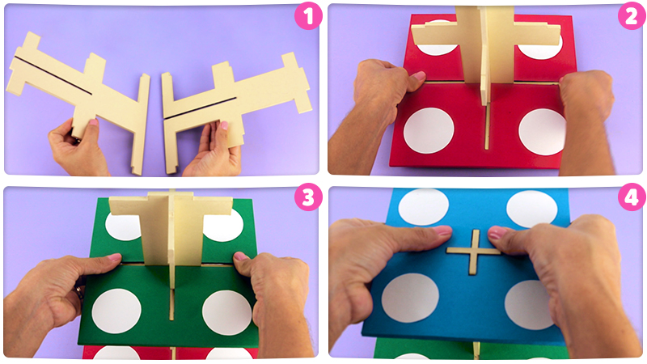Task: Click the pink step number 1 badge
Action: click(x=308, y=16)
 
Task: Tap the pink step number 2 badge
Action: click(x=632, y=16)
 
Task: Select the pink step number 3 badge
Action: click(x=308, y=197)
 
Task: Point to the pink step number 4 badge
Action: click(x=632, y=197)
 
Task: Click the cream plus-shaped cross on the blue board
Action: click(x=474, y=252)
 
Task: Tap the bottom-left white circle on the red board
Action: click(x=429, y=130)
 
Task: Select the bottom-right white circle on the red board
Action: click(x=543, y=132)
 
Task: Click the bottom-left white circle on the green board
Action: click(x=116, y=311)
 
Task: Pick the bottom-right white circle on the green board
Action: click(x=227, y=312)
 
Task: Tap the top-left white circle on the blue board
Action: click(x=423, y=207)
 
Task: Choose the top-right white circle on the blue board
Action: click(x=531, y=209)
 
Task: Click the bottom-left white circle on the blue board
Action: click(x=410, y=298)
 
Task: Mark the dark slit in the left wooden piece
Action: click(x=53, y=75)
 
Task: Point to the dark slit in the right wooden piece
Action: click(x=200, y=108)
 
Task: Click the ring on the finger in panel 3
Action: click(x=79, y=292)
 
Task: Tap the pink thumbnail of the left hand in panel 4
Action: click(x=442, y=230)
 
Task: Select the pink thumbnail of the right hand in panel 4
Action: click(x=497, y=233)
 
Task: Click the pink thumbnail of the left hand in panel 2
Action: click(x=419, y=75)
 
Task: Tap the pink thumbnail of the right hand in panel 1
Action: click(x=224, y=125)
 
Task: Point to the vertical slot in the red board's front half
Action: click(x=487, y=128)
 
